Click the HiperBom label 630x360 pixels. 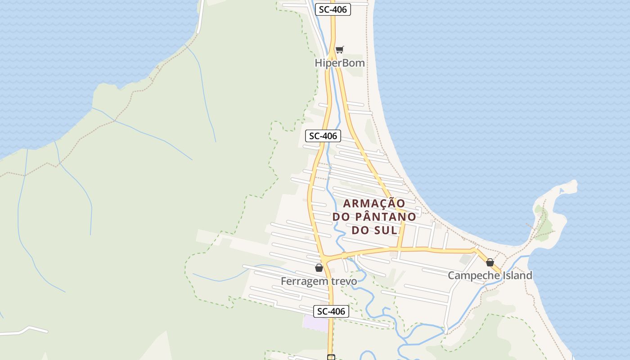click(x=340, y=63)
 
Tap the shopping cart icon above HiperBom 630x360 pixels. click(x=340, y=49)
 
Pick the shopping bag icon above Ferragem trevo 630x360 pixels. click(x=319, y=268)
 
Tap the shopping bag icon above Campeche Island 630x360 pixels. click(x=490, y=262)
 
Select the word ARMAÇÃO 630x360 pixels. click(x=374, y=203)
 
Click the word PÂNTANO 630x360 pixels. click(x=386, y=216)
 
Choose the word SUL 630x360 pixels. click(x=387, y=230)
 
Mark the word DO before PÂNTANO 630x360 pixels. click(x=341, y=216)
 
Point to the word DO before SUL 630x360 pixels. click(x=360, y=230)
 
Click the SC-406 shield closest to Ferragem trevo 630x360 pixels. click(x=331, y=311)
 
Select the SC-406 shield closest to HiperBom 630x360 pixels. click(x=333, y=9)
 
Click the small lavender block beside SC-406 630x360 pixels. click(x=315, y=324)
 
